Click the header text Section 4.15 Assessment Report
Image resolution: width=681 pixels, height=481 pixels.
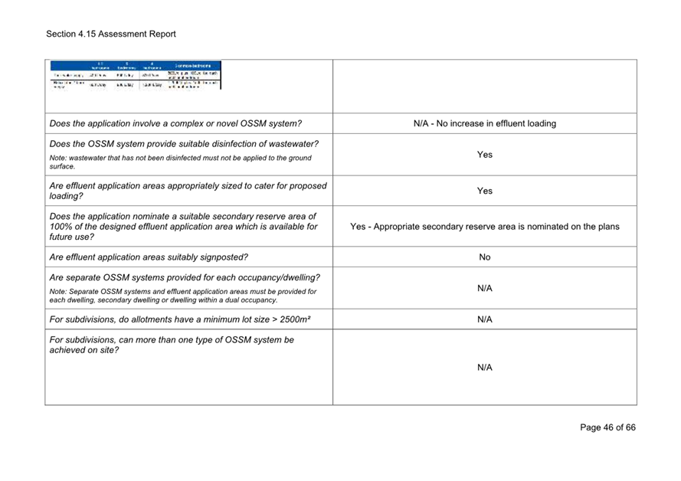(110, 34)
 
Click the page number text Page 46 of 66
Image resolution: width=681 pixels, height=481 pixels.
(607, 427)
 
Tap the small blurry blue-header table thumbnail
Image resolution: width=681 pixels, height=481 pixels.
(136, 75)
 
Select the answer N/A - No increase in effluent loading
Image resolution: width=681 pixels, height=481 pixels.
(484, 123)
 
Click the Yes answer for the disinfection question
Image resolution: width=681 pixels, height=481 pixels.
(484, 155)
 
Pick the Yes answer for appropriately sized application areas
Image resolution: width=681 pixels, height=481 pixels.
(484, 191)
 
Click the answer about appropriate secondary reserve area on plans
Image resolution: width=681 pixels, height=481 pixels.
(484, 227)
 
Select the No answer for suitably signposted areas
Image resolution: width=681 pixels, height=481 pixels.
(484, 257)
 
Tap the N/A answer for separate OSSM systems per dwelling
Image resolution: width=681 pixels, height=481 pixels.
(484, 288)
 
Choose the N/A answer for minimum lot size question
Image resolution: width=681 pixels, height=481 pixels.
(484, 319)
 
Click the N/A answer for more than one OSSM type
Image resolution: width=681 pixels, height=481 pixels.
(484, 368)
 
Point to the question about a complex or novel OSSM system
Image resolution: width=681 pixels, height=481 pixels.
(175, 123)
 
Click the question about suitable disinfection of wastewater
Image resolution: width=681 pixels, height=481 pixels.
(184, 144)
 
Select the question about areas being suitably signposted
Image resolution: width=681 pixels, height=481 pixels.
(149, 257)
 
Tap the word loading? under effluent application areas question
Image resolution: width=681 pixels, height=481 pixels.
(67, 196)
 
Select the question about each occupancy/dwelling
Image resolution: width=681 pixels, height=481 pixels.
(185, 277)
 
